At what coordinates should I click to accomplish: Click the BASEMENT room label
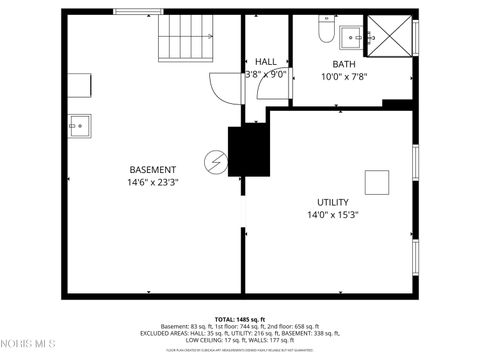coord(152,169)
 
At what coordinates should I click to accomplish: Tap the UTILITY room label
coord(333,201)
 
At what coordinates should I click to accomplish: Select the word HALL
coord(266,61)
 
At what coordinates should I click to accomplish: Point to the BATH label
coord(344,64)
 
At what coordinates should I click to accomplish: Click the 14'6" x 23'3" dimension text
coord(152,182)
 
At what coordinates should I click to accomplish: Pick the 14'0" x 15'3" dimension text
coord(333,214)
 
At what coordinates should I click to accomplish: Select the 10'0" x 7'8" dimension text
coord(344,76)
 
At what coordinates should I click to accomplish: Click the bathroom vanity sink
coord(353,38)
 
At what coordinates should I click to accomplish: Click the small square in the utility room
coord(377,183)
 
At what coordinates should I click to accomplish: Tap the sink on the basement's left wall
coord(78,125)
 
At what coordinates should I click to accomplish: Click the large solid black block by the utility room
coord(248,150)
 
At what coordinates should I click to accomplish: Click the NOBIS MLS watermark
coord(27,344)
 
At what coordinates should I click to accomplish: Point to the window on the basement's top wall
coord(139,13)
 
